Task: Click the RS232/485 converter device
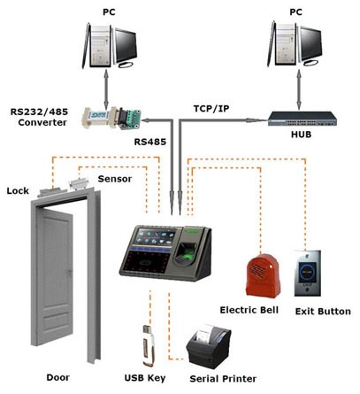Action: (111, 119)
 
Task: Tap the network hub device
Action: (303, 119)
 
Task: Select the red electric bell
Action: (263, 275)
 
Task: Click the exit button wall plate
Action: (308, 274)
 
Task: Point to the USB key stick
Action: (149, 345)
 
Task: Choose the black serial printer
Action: (209, 346)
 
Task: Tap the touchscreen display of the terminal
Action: (154, 237)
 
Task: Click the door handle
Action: (70, 273)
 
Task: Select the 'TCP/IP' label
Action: (211, 109)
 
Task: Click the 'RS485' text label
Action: (150, 142)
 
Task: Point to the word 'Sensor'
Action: (115, 179)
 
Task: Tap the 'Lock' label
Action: (18, 191)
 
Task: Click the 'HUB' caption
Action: (301, 135)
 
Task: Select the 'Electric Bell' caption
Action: (249, 310)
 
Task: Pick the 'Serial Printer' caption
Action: (223, 379)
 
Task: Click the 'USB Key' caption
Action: (145, 378)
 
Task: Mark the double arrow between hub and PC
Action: (299, 89)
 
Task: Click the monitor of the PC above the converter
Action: (126, 46)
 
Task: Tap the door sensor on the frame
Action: (79, 184)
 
